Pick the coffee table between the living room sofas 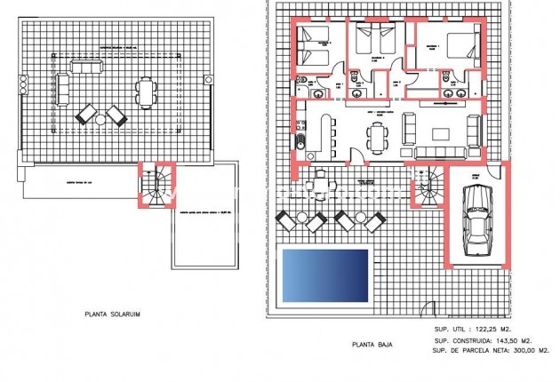coord(443,134)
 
